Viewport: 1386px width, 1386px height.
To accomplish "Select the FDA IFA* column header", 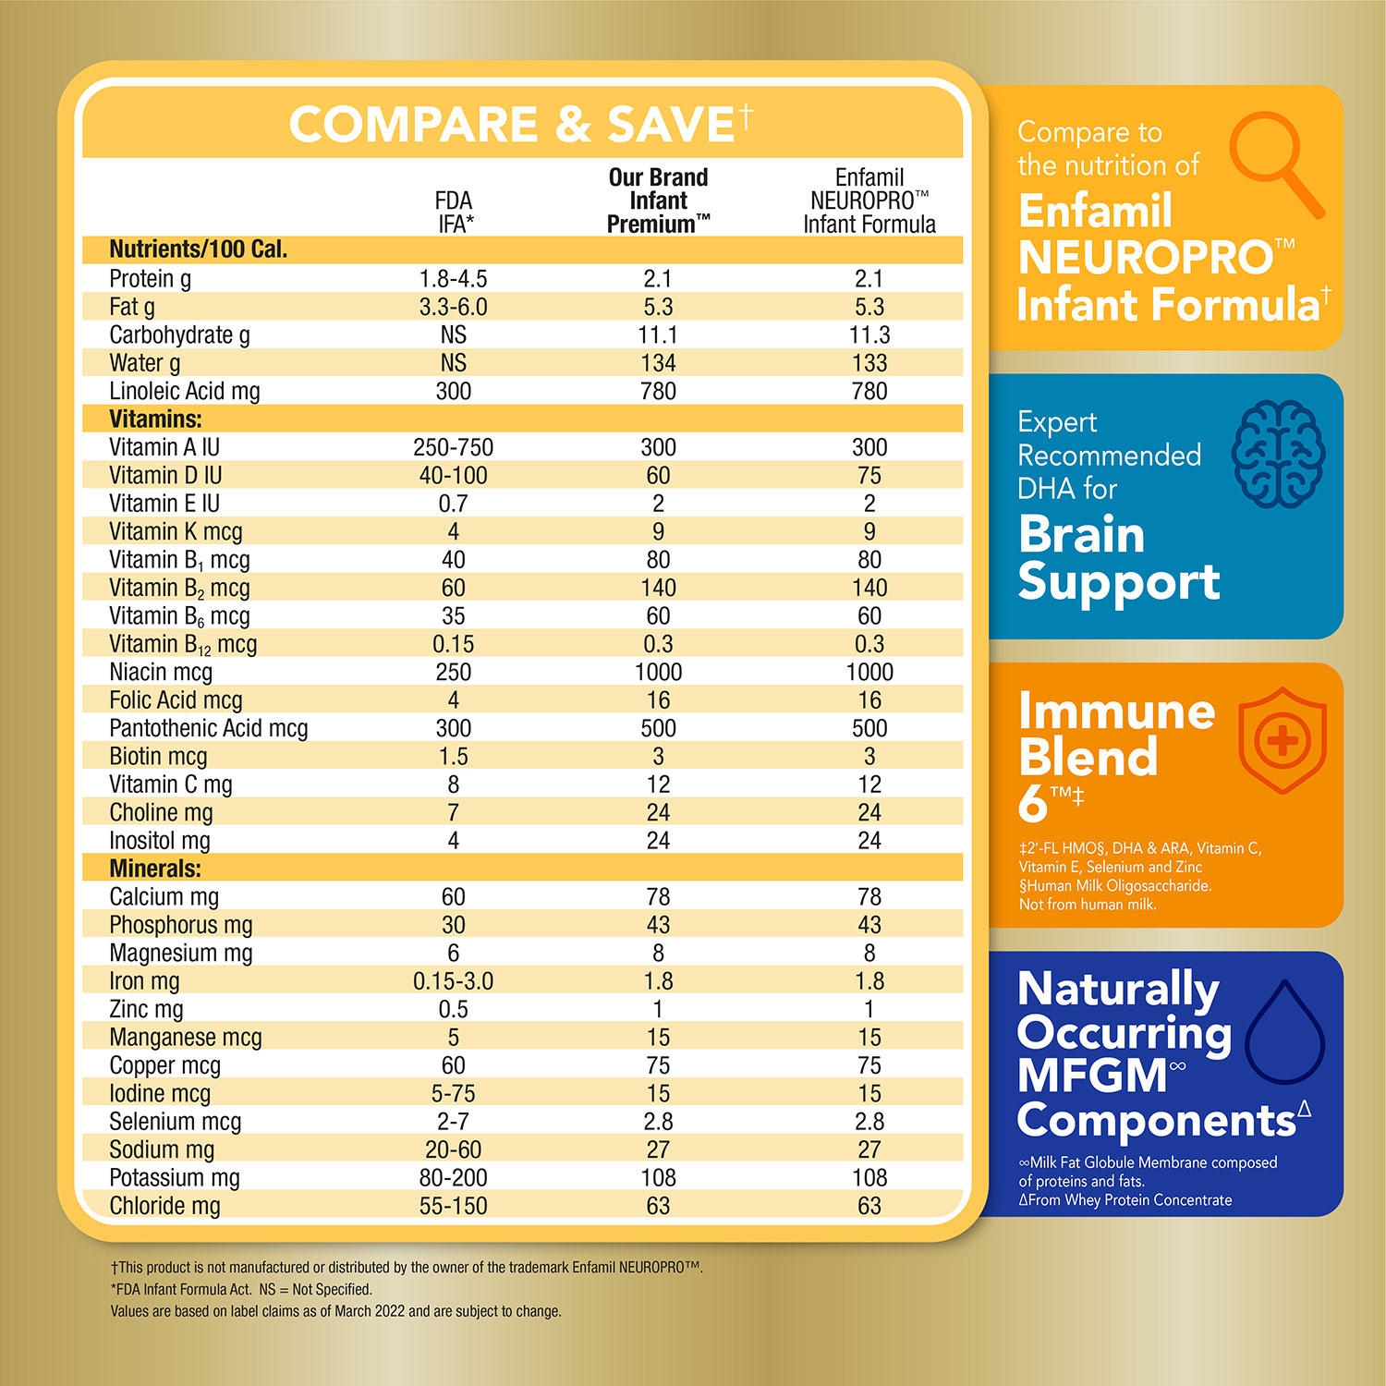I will [453, 212].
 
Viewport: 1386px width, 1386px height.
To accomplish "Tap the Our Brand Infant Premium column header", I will [658, 201].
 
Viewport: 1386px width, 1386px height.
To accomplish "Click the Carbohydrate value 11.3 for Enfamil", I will [869, 334].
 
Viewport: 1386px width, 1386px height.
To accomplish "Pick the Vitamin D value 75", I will [869, 475].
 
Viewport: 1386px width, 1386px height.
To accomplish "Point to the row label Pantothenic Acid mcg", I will [208, 728].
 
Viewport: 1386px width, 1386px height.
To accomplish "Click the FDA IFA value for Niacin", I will [453, 672].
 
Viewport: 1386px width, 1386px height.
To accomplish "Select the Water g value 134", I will [658, 363].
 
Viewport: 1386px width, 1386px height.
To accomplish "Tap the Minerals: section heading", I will [155, 869].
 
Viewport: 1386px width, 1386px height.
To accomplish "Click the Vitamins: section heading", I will [155, 419].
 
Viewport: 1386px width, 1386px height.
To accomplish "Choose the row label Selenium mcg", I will [175, 1122].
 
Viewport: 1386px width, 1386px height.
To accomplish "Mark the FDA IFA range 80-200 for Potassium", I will [453, 1177].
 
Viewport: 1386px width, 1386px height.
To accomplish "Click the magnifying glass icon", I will [1278, 169].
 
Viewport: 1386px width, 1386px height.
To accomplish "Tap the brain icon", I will [1278, 455].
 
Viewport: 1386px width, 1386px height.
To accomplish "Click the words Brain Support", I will [1118, 558].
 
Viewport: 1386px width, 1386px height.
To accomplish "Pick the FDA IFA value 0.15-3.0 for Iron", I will [453, 981].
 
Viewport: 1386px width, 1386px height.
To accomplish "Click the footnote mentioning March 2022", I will [335, 1310].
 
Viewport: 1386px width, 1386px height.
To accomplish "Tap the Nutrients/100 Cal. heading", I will [198, 249].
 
